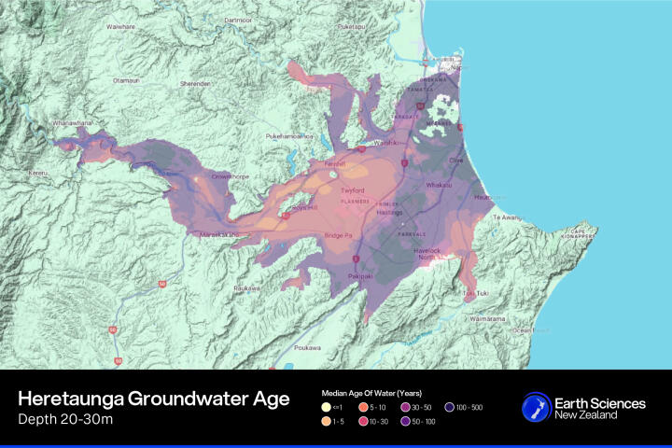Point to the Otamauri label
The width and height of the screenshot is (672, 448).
pyautogui.click(x=126, y=81)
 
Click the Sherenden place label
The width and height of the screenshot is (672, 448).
pyautogui.click(x=196, y=83)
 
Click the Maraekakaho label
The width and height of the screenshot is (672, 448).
pyautogui.click(x=219, y=234)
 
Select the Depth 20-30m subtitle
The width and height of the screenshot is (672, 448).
pyautogui.click(x=63, y=419)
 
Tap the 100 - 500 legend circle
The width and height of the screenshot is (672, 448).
pyautogui.click(x=449, y=407)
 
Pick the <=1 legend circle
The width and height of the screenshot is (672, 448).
pyautogui.click(x=325, y=407)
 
